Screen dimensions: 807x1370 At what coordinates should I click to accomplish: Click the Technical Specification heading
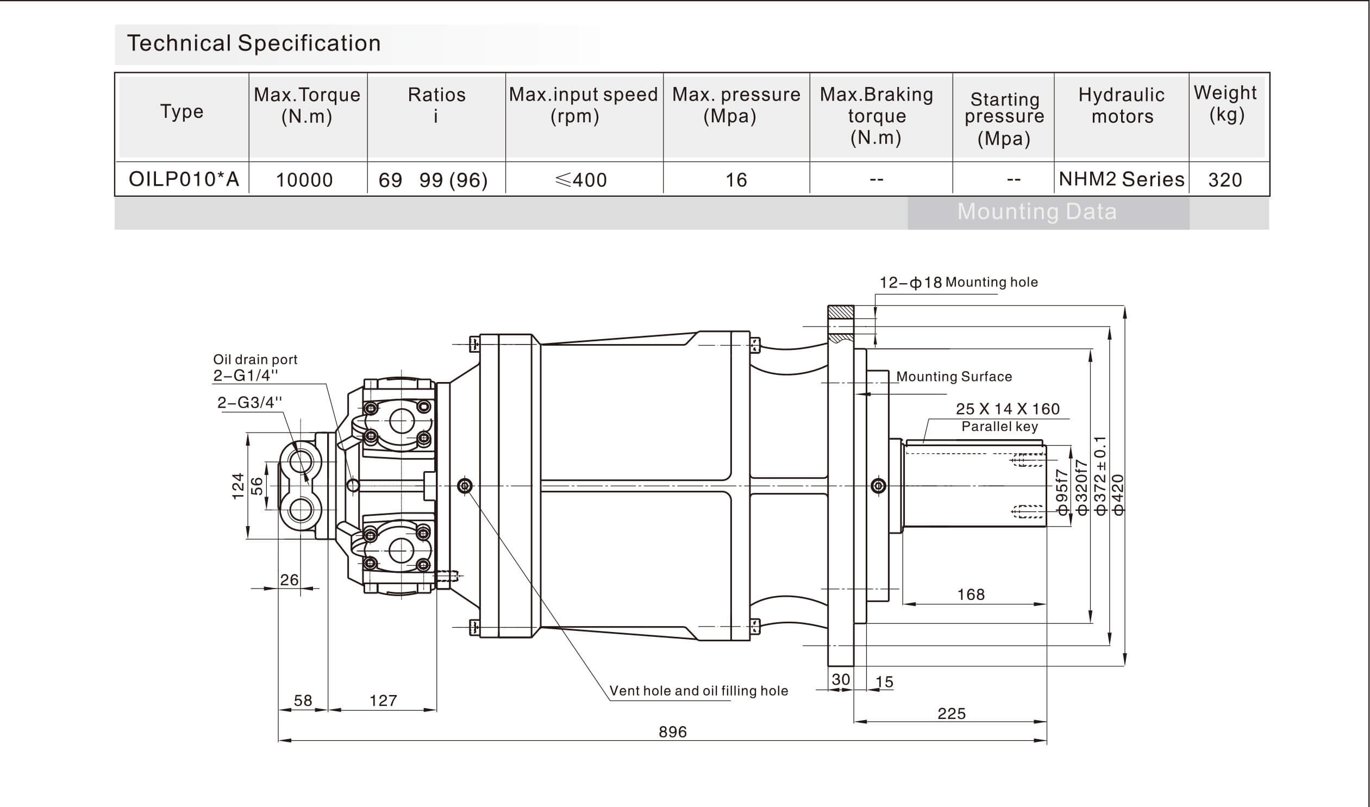pos(253,43)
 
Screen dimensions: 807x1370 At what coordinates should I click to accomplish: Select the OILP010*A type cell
pos(184,179)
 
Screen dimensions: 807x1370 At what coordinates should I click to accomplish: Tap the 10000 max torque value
pos(304,180)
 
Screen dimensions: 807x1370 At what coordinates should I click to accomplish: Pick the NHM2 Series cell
pos(1121,179)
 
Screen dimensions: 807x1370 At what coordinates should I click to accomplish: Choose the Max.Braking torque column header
pos(877,116)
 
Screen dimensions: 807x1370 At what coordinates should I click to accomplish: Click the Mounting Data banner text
pos(1037,211)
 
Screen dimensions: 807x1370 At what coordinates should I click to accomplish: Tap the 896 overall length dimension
pos(672,732)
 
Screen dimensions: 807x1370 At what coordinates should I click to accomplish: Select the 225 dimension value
pos(952,714)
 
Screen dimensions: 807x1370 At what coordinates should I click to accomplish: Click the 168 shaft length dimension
pos(971,595)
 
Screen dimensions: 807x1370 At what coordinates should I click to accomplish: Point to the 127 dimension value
pos(383,700)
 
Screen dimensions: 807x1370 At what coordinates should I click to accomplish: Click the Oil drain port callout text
pos(255,359)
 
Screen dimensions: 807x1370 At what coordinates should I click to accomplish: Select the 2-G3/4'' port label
pos(249,402)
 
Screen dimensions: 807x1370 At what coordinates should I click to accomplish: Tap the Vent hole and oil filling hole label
pos(698,691)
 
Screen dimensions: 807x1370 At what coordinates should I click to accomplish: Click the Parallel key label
pos(999,427)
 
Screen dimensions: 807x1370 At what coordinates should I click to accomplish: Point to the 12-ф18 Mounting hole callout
pos(959,282)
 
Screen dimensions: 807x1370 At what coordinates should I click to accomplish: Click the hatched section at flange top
pos(841,312)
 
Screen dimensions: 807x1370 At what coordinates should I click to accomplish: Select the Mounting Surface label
pos(954,376)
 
